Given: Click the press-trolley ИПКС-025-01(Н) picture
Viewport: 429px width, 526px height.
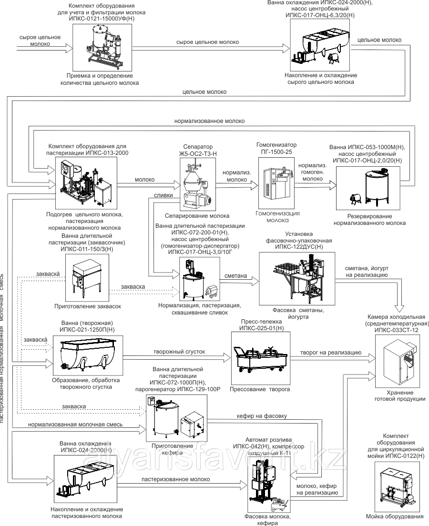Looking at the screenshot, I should pos(260,357).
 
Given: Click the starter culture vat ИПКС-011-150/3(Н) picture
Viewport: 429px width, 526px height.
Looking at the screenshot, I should pos(86,278).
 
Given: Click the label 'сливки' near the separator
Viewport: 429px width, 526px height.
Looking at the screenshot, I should pos(163,196).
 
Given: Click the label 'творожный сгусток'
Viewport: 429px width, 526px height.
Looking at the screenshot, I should pos(179,352).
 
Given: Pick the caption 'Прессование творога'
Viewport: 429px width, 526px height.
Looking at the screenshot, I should pos(260,389).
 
